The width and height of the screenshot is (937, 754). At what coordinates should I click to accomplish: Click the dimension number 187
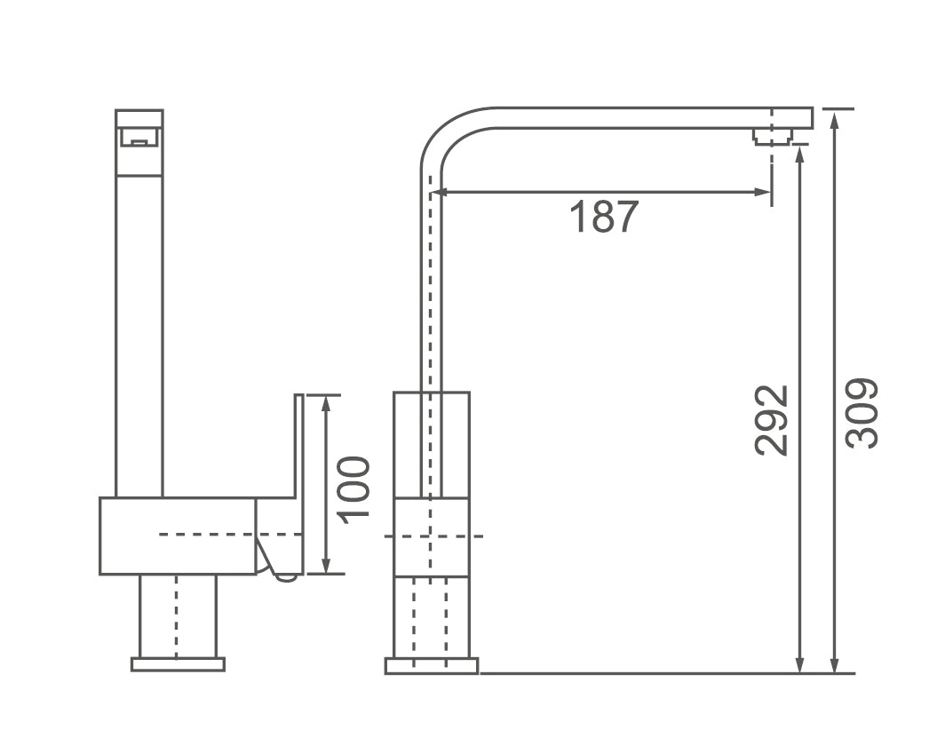pyautogui.click(x=603, y=218)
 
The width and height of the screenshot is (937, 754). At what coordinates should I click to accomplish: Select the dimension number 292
pyautogui.click(x=772, y=419)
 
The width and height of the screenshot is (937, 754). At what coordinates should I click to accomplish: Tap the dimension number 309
pyautogui.click(x=861, y=413)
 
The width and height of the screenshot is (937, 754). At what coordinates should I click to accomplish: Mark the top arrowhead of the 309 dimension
pyautogui.click(x=834, y=118)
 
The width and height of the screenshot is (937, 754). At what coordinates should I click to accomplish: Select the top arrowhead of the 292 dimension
pyautogui.click(x=800, y=156)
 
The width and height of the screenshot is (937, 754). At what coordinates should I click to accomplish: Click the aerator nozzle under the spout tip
pyautogui.click(x=772, y=136)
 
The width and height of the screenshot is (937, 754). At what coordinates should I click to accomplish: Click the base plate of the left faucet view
pyautogui.click(x=178, y=664)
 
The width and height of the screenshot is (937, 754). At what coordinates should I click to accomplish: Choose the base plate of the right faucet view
pyautogui.click(x=432, y=665)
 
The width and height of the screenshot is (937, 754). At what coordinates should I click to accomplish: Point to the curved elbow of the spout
pyautogui.click(x=444, y=133)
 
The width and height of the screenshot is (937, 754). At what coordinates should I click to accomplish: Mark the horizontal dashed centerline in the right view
pyautogui.click(x=433, y=536)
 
